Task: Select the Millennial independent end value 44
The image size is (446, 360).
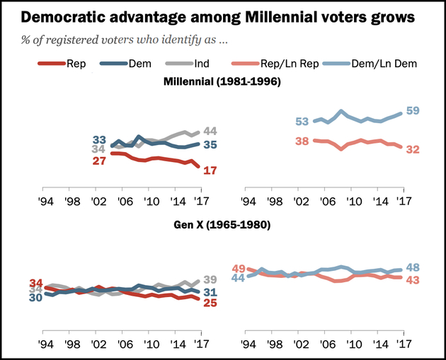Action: coord(210,131)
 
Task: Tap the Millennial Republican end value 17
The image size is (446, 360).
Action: coord(210,170)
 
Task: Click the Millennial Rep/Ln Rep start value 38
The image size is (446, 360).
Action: coord(300,141)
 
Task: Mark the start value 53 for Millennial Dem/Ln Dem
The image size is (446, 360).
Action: coord(301,122)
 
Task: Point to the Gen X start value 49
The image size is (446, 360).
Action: coord(239,269)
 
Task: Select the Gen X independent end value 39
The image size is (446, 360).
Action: coord(210,280)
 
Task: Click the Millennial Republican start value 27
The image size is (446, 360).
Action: coord(98,162)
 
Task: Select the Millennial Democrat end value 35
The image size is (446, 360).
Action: coord(210,145)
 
